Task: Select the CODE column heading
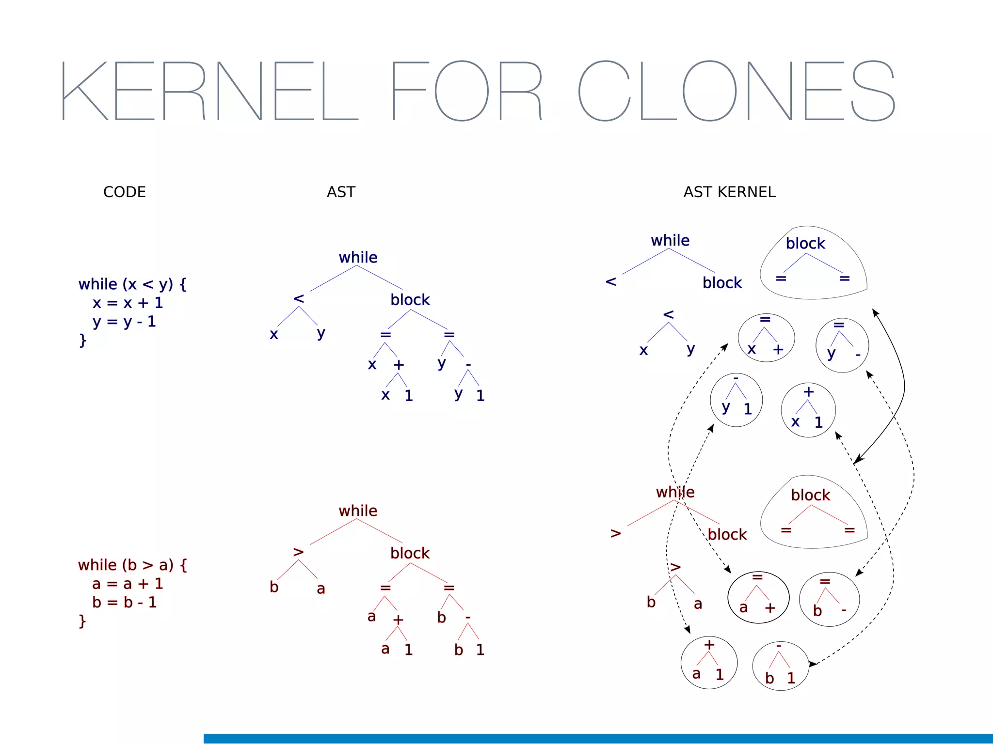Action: coord(125,192)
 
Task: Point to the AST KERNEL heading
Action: coord(729,192)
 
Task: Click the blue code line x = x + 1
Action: coord(128,303)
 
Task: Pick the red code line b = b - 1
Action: coord(124,602)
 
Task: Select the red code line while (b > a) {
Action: coord(132,565)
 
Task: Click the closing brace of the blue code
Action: coord(83,340)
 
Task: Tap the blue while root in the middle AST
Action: coord(358,257)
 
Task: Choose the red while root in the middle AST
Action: coord(358,511)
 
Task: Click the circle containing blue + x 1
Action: coord(808,410)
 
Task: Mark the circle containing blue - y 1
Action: coord(736,400)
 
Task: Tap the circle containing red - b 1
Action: coord(780,666)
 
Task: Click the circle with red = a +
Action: coord(758,597)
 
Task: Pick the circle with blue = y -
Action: coord(842,345)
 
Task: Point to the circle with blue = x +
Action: coord(766,338)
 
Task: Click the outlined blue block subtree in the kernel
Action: coord(813,264)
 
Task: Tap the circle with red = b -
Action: coord(829,599)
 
